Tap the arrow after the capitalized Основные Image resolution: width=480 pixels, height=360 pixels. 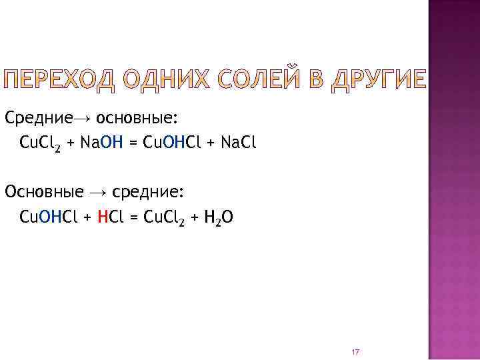coord(98,193)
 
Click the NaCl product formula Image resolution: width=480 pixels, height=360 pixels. coord(239,143)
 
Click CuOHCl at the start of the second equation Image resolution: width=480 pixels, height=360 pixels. coord(49,217)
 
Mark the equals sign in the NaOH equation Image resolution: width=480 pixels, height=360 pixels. coord(133,143)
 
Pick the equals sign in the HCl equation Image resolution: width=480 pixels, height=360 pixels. coord(133,217)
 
